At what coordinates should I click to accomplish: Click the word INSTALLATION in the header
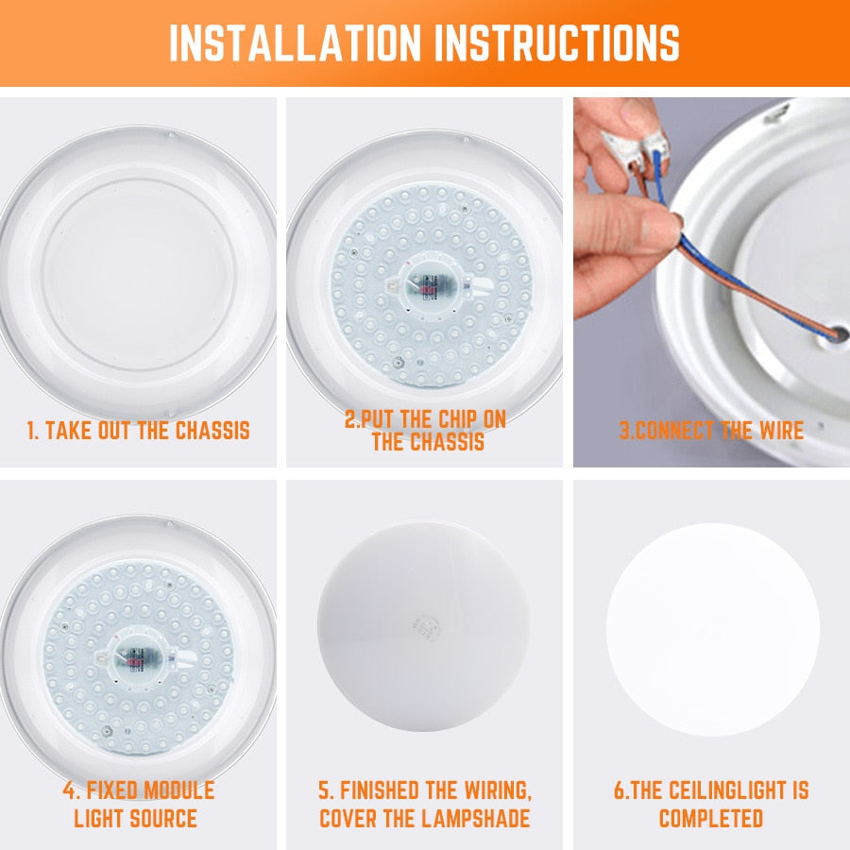tap(293, 42)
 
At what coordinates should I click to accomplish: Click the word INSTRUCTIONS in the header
tap(552, 42)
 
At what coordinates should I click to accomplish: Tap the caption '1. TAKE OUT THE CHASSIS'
tap(138, 432)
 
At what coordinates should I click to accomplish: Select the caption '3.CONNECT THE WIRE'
tap(711, 432)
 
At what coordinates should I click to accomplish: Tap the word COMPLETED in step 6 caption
tap(711, 818)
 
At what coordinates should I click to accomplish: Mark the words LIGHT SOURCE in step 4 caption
tap(136, 818)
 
